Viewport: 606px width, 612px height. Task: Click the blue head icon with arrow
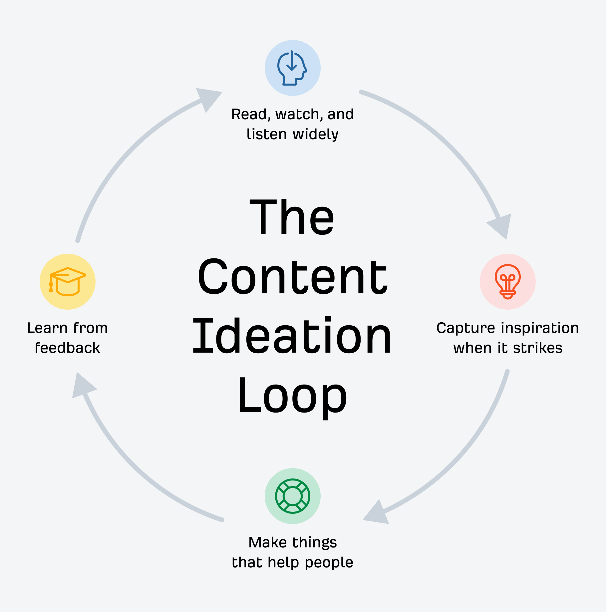click(292, 68)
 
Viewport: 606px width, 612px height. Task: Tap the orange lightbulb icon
click(507, 282)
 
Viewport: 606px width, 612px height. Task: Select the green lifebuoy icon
click(292, 496)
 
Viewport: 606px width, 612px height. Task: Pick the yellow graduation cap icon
click(68, 282)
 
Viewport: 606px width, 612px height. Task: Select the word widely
click(315, 134)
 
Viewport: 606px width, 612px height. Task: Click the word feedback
click(68, 348)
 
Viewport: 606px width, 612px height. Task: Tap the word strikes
click(537, 348)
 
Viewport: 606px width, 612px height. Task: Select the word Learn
click(47, 328)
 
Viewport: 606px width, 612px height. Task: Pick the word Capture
click(465, 328)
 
